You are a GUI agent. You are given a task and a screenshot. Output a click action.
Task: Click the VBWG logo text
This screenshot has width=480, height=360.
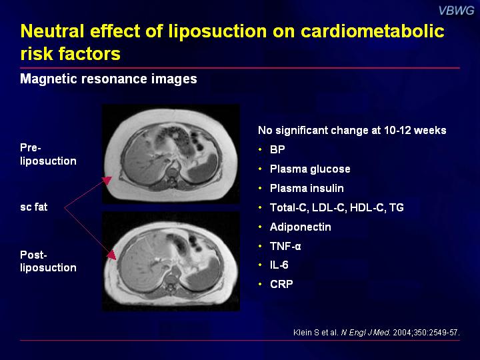(x=456, y=11)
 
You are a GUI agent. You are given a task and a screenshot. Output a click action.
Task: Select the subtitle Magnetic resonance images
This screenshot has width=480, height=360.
(x=109, y=79)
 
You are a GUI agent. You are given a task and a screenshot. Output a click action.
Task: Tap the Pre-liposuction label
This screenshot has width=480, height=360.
(x=48, y=154)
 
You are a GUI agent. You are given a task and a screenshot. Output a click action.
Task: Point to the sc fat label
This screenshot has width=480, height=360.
(x=34, y=207)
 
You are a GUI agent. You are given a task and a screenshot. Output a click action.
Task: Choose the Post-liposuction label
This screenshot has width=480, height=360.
(x=48, y=261)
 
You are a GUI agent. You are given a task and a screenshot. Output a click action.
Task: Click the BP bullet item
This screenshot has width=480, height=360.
(x=277, y=150)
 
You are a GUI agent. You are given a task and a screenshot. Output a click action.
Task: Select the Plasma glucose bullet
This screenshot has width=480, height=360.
(x=310, y=169)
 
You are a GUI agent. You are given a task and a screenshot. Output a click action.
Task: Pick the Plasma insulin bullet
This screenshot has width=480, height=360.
(x=307, y=188)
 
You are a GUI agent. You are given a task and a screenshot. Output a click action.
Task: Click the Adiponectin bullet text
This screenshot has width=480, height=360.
(x=300, y=227)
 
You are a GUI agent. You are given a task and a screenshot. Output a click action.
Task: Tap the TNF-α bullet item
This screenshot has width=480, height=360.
(x=285, y=246)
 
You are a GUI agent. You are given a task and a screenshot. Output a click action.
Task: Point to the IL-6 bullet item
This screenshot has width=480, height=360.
(x=279, y=265)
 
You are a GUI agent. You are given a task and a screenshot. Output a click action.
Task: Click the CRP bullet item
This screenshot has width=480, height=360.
(x=281, y=285)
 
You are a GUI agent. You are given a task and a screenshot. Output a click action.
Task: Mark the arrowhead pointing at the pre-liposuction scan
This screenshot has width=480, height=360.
(x=107, y=181)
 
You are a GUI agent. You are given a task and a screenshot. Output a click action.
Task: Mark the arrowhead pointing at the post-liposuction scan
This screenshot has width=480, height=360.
(x=111, y=255)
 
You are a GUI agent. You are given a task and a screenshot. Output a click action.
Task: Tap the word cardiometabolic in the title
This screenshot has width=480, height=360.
(x=372, y=31)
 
